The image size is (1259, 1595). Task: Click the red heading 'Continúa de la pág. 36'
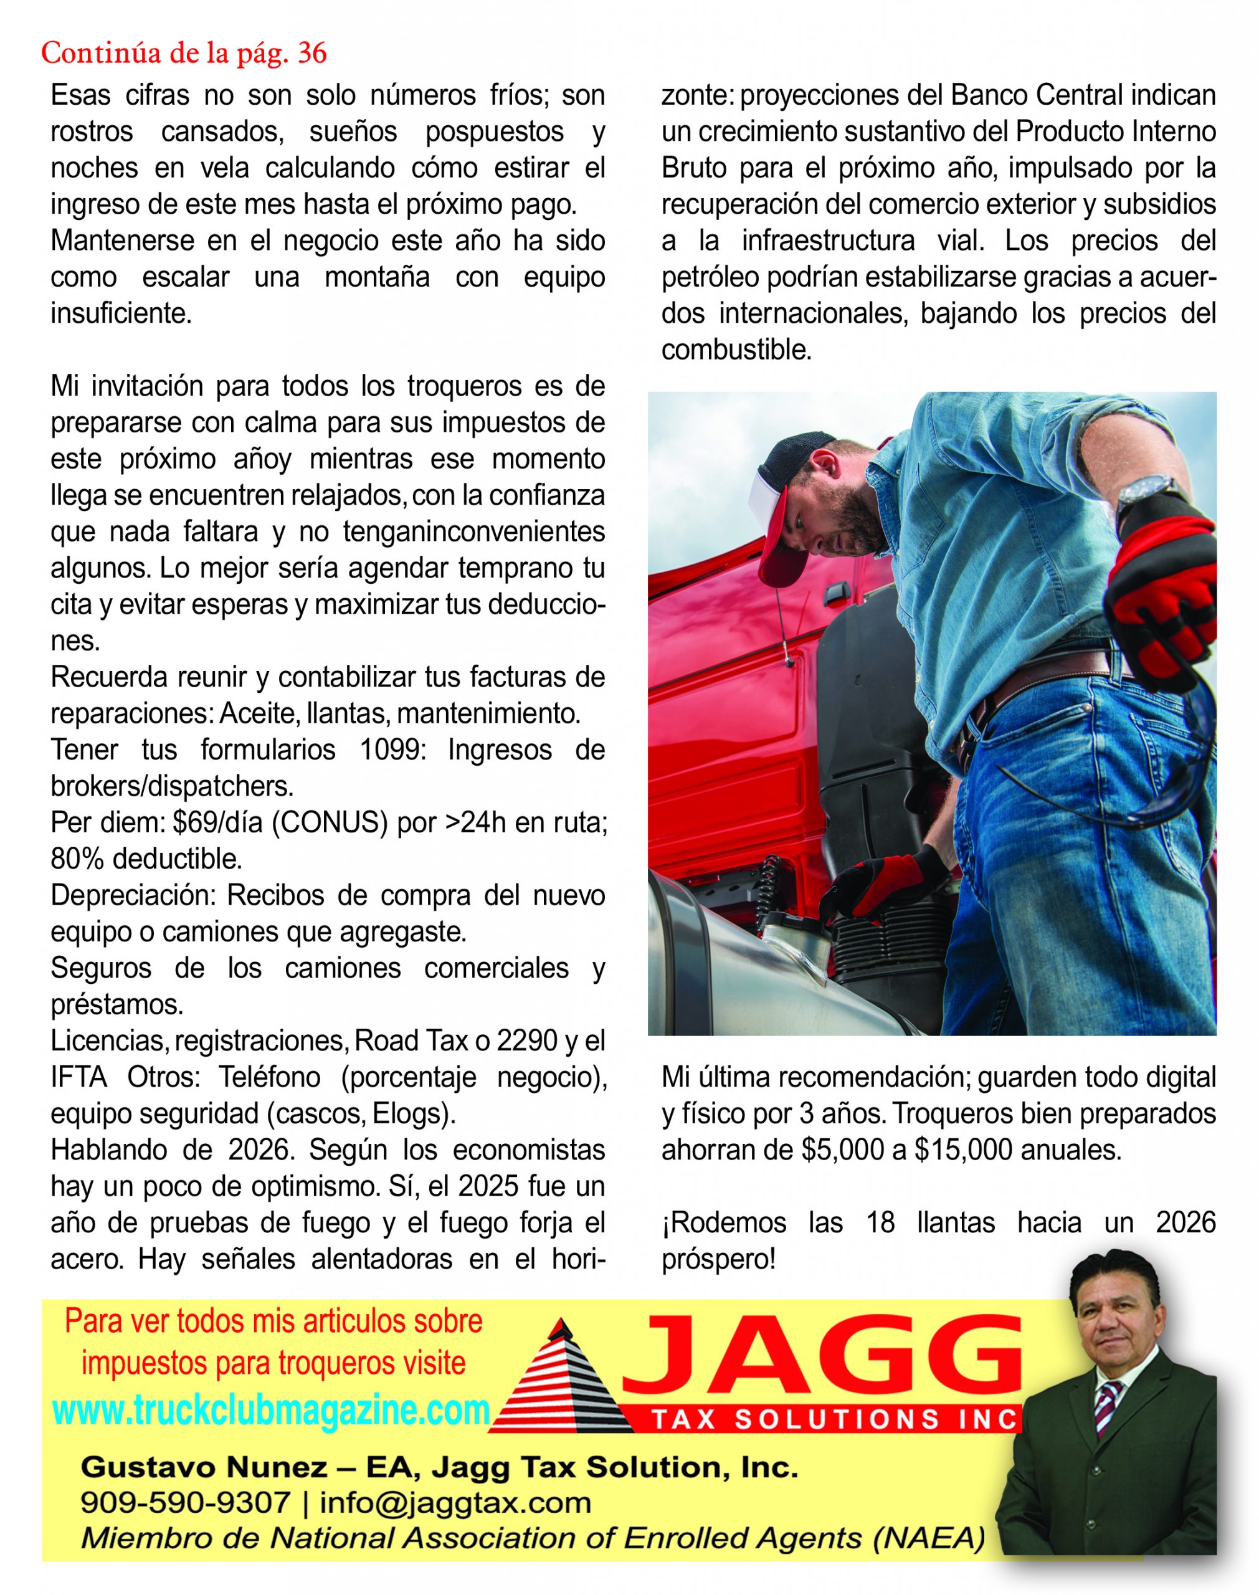tap(184, 53)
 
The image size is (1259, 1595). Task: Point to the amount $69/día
tap(217, 822)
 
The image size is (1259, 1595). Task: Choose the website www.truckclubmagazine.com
tap(271, 1410)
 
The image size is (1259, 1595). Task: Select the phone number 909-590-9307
tap(185, 1502)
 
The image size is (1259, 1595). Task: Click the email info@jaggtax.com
tap(455, 1502)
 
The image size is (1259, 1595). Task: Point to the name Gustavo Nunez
tap(204, 1467)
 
